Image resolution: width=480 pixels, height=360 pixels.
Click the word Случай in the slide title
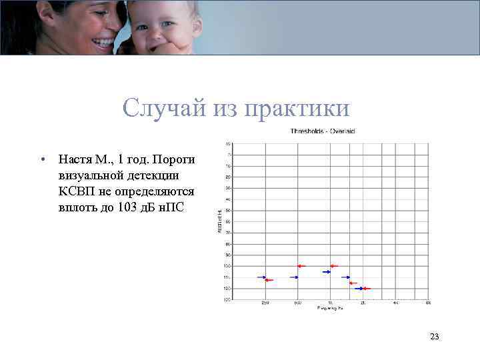point(153,108)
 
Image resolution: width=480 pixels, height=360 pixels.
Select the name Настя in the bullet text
point(74,160)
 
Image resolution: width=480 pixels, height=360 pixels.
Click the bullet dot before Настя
point(42,161)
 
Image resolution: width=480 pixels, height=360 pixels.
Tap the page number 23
point(435,337)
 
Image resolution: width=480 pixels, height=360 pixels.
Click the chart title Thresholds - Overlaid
point(322,131)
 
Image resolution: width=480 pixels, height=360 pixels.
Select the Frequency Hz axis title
point(330,308)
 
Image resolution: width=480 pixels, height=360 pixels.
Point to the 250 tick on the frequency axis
point(265,303)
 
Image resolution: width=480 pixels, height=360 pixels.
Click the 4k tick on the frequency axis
point(395,303)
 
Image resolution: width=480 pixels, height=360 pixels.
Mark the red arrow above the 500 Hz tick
point(301,266)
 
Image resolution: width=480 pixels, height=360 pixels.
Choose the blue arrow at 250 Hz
point(261,277)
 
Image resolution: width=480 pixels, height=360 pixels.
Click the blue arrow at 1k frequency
point(327,272)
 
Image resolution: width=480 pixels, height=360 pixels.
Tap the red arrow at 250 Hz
point(269,281)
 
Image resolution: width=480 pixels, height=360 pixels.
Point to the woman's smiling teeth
point(103,41)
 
